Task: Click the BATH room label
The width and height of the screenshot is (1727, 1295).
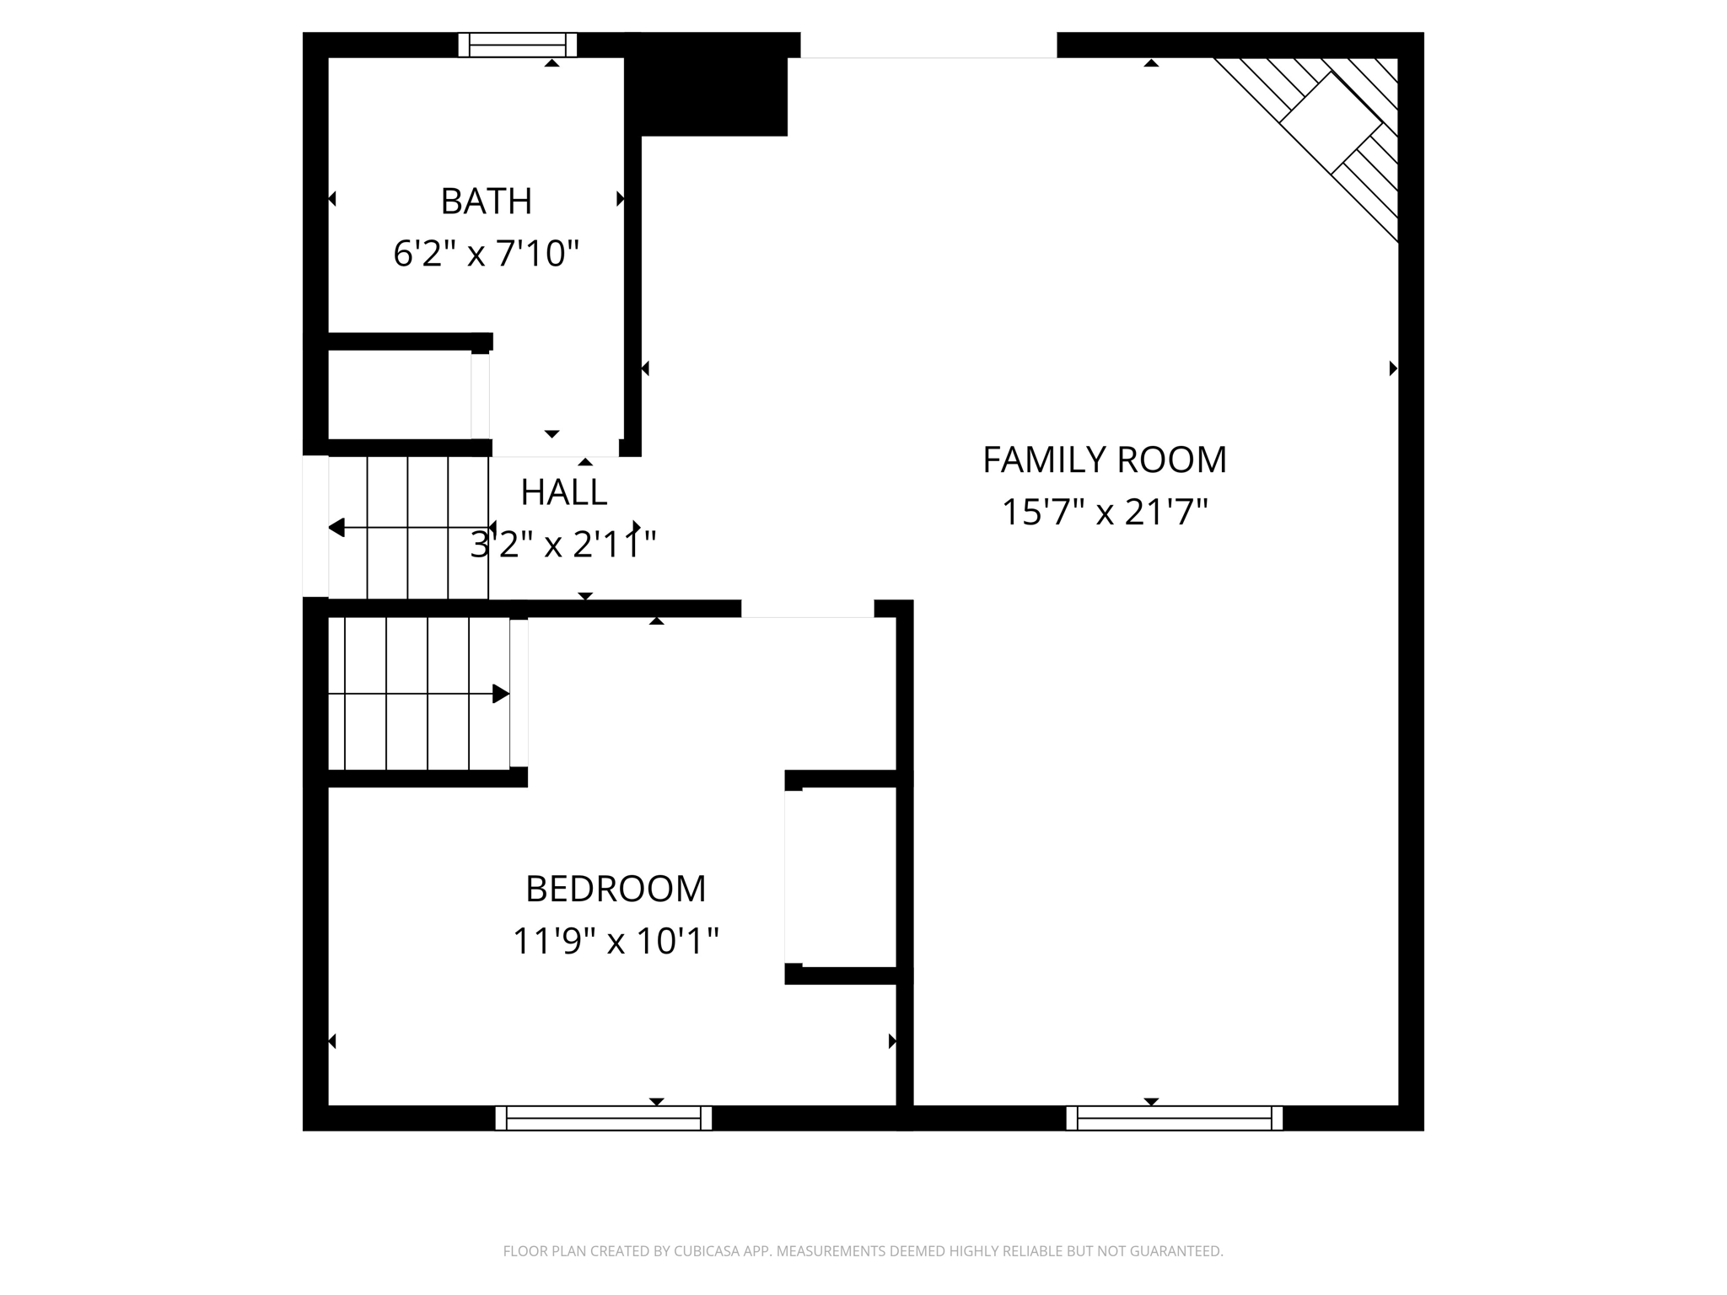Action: [x=486, y=202]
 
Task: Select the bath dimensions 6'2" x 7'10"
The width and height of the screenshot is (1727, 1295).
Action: [x=486, y=254]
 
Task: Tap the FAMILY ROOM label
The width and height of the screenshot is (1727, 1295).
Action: [x=1104, y=460]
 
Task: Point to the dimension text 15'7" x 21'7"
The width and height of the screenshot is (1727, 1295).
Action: [x=1104, y=513]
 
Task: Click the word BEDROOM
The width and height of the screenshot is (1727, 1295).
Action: [x=616, y=889]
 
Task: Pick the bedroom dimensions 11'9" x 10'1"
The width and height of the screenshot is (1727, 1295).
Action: [x=616, y=941]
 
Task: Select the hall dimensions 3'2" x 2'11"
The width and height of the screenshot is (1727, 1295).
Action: [x=563, y=545]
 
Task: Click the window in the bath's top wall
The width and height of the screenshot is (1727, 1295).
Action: [x=517, y=45]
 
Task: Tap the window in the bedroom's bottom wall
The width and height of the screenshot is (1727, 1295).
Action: [x=603, y=1118]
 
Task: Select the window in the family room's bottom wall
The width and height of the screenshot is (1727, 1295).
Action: [x=1174, y=1118]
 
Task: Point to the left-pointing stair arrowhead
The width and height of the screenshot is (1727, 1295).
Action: [x=336, y=528]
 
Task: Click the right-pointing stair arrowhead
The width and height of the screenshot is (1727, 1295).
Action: [x=501, y=694]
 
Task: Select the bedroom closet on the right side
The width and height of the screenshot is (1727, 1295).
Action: [x=841, y=877]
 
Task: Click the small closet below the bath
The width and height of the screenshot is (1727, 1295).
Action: [x=398, y=395]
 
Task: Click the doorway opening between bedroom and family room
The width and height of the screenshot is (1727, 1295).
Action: [x=807, y=609]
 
